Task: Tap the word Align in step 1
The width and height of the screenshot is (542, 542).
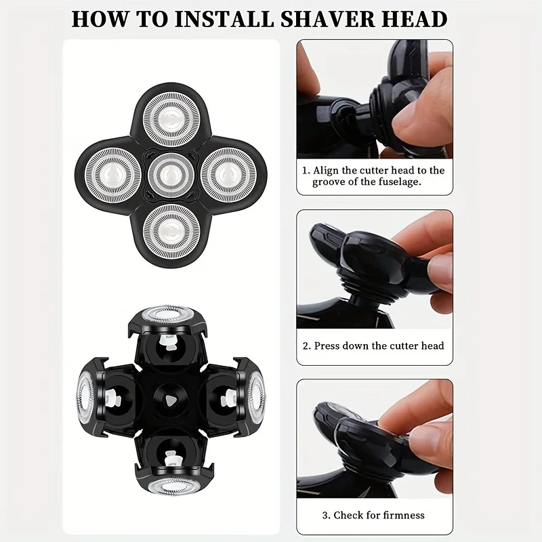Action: [327, 171]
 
